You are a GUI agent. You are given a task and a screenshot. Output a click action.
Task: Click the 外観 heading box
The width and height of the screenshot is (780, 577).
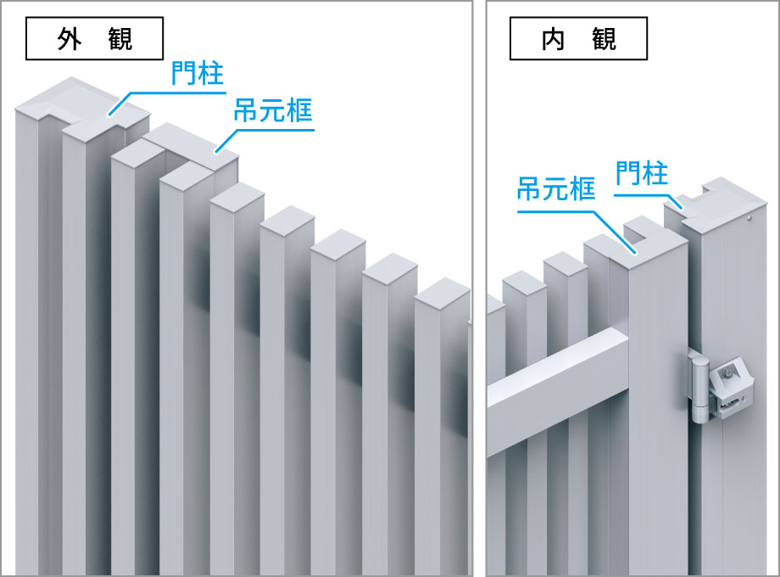[94, 40]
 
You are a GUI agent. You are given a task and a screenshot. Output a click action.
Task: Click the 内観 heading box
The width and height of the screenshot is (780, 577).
[578, 39]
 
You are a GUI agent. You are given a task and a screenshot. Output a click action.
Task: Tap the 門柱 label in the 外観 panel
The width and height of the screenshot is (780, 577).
[197, 74]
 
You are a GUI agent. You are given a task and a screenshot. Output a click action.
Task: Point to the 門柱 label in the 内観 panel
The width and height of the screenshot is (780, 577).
[642, 174]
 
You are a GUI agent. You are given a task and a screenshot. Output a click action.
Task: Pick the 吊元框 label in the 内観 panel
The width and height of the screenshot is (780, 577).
[556, 189]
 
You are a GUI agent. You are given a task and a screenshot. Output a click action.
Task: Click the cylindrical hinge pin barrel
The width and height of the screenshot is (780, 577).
[699, 390]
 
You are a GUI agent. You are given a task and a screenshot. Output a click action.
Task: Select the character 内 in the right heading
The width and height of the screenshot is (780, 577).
[553, 39]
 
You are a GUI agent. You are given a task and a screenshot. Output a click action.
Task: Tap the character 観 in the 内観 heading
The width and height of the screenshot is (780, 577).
[604, 39]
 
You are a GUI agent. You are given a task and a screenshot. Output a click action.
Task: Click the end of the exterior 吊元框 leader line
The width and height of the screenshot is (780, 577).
[217, 152]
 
